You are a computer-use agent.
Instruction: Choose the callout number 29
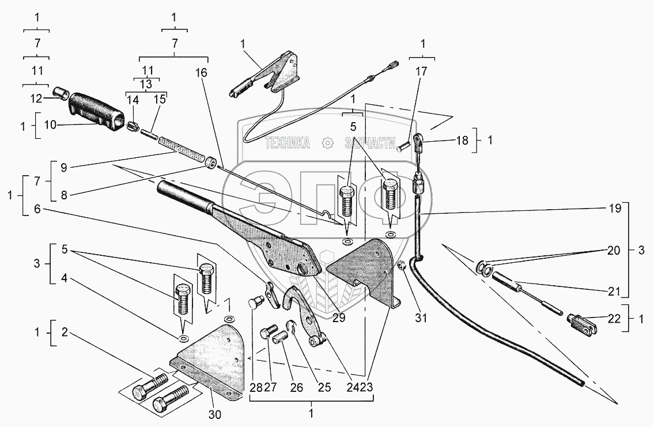coord(339,318)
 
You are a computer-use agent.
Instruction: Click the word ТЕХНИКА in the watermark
coord(286,143)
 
